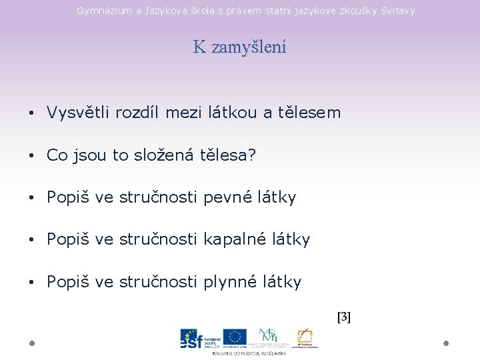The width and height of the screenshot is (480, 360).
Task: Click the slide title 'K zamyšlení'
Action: click(x=239, y=47)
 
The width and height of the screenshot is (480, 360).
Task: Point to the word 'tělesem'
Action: click(x=311, y=113)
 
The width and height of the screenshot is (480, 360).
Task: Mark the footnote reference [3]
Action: click(x=344, y=317)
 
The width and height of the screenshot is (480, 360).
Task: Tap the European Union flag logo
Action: click(x=235, y=337)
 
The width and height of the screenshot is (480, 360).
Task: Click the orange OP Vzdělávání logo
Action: click(x=306, y=337)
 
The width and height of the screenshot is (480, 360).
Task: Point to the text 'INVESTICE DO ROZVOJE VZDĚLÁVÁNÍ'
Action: click(x=249, y=353)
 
